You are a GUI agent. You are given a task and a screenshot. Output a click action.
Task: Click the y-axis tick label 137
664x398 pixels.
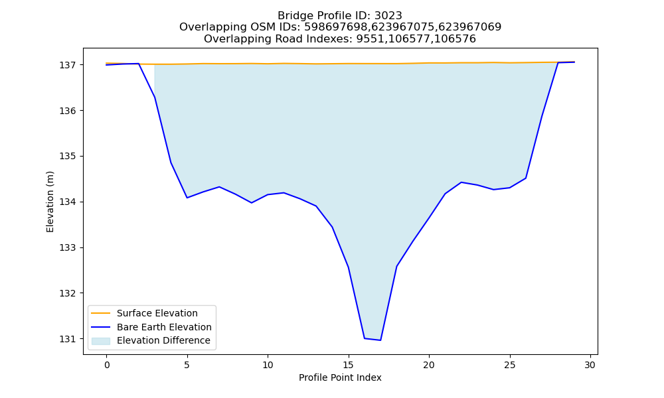click(67, 65)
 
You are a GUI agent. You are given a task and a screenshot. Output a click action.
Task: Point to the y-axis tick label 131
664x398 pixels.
click(67, 339)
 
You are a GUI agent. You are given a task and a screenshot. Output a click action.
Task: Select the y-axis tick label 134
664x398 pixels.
click(67, 202)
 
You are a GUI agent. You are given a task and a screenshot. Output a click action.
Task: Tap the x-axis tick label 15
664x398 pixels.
click(349, 365)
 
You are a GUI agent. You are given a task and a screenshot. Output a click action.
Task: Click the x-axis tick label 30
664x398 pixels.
click(590, 365)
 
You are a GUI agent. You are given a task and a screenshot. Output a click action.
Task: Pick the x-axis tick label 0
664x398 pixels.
click(107, 365)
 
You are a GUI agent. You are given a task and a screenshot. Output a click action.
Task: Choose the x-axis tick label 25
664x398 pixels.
click(510, 365)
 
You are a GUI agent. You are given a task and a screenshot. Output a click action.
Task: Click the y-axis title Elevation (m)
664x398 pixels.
click(50, 202)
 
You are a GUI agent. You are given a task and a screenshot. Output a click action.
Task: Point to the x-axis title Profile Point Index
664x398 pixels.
click(340, 377)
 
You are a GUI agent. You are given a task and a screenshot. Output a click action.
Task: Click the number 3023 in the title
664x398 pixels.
click(388, 16)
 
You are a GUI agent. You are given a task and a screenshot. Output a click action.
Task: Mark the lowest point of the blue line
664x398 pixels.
click(380, 340)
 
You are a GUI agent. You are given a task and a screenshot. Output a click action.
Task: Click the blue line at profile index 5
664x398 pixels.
click(187, 198)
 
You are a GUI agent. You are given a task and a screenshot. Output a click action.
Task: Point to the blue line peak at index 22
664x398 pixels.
click(461, 182)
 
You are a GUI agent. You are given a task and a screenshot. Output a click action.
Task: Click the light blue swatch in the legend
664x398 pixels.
click(101, 341)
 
